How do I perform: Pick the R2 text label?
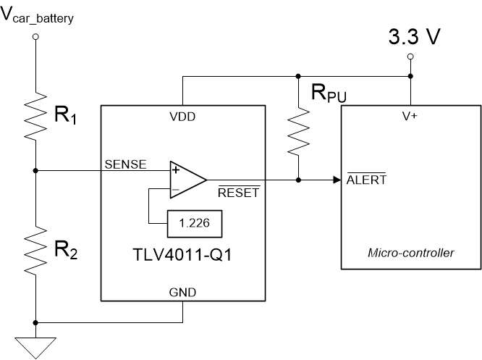point(66,251)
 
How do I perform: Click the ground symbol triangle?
point(35,347)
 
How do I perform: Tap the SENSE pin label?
point(126,164)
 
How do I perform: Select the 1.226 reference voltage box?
point(194,224)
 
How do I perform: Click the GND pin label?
point(182,292)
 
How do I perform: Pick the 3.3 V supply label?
point(414,38)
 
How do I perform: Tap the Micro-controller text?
point(411,253)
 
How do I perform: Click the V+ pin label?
point(410,115)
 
